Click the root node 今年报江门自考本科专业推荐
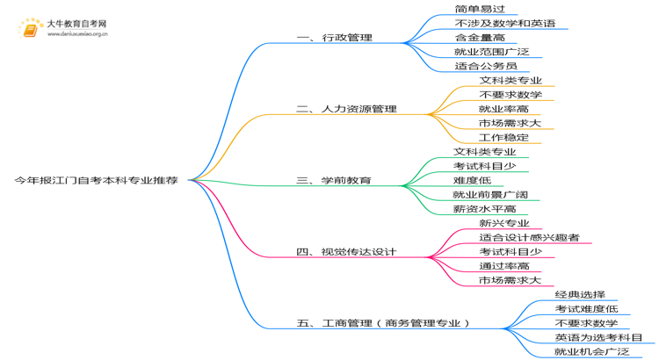pos(97,181)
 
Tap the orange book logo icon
pos(30,29)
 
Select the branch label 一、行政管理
pos(335,38)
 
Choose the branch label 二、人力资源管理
pos(347,109)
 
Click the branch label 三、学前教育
pos(334,181)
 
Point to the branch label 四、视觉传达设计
pos(346,252)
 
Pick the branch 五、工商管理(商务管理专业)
pos(383,323)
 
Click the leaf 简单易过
pos(480,9)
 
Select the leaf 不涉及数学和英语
pos(505,23)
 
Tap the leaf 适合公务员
pos(486,66)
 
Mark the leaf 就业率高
pos(504,109)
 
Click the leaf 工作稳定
pos(504,137)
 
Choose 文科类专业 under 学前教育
pos(484,152)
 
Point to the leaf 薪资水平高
pos(484,209)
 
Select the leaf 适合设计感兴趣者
pos(530,237)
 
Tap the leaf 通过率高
pos(504,266)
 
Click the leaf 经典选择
pos(580,294)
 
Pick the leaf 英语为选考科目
pos(598,337)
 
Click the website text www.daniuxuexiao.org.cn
pos(77,34)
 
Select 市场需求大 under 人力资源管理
pos(510,123)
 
